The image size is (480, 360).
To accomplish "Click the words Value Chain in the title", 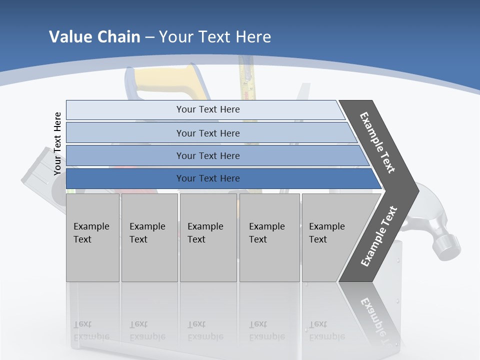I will pyautogui.click(x=94, y=37).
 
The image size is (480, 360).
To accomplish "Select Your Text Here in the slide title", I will pyautogui.click(x=215, y=37).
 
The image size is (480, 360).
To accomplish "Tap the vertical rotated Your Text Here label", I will pyautogui.click(x=57, y=144).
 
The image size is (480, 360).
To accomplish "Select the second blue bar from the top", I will pyautogui.click(x=207, y=133).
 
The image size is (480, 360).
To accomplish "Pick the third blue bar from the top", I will pyautogui.click(x=207, y=155).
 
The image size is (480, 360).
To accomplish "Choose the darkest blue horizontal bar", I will pyautogui.click(x=207, y=178).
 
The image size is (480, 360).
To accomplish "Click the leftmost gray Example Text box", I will pyautogui.click(x=92, y=237).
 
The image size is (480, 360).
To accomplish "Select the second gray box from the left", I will pyautogui.click(x=149, y=237).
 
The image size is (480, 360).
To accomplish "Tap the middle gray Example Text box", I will pyautogui.click(x=207, y=237).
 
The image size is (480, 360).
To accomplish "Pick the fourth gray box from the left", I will pyautogui.click(x=269, y=237).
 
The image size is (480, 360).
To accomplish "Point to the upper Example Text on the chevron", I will pyautogui.click(x=377, y=142).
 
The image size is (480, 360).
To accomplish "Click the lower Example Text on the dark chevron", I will pyautogui.click(x=378, y=236).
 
